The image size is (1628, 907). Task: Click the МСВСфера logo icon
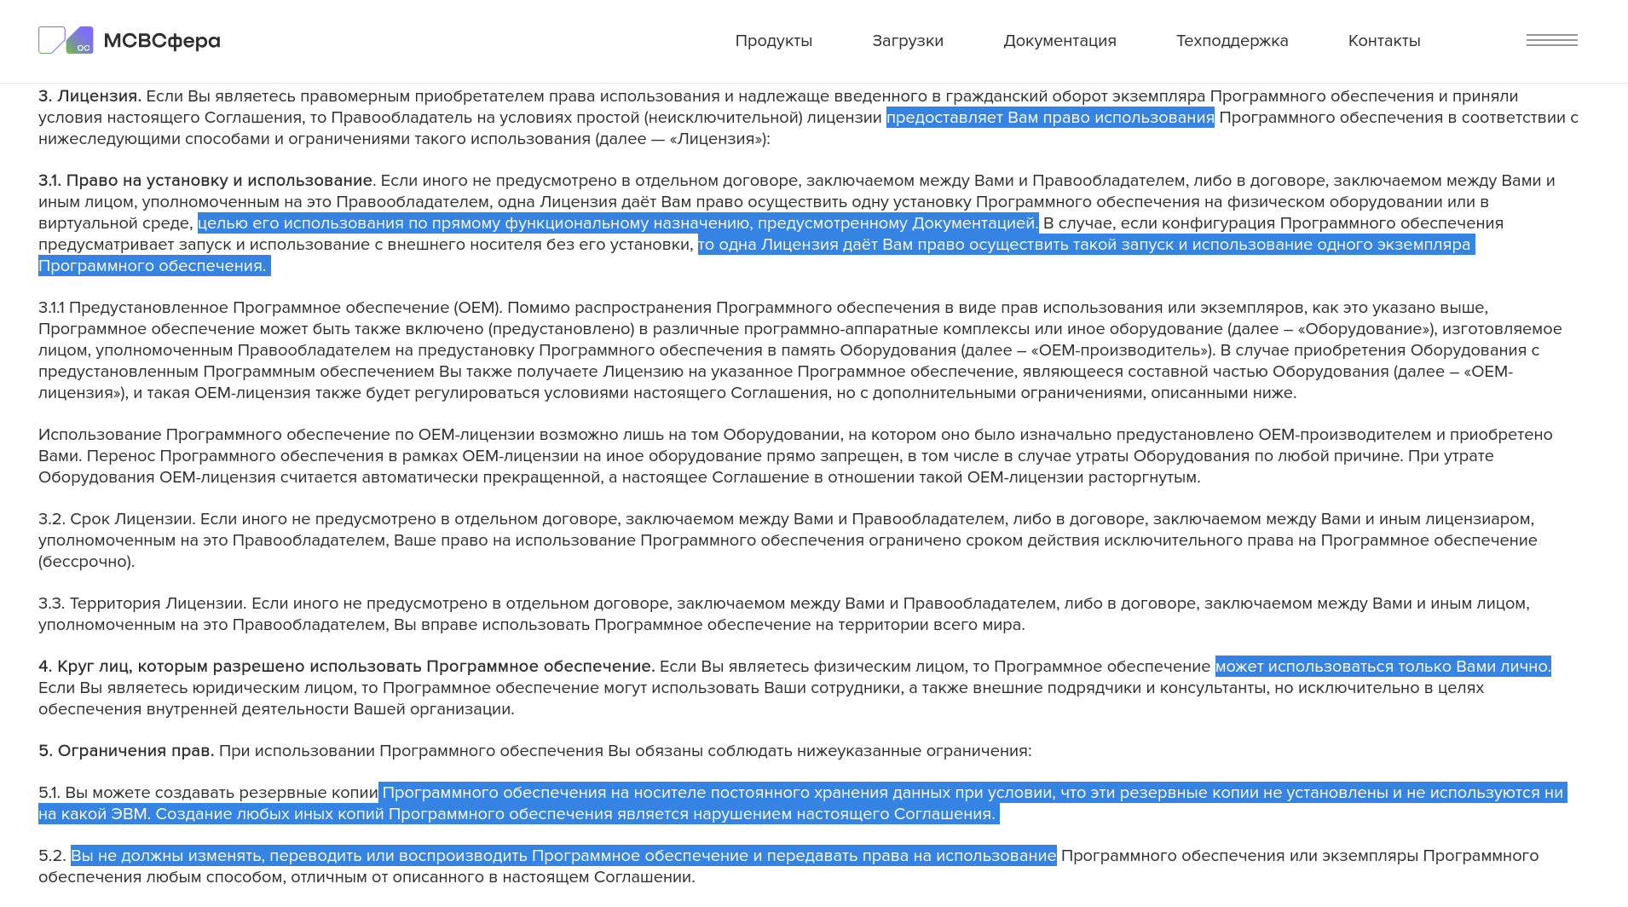click(x=66, y=40)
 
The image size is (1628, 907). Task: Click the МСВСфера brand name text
click(x=162, y=41)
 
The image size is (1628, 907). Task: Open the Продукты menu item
click(x=773, y=41)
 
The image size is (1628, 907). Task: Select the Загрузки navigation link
click(x=907, y=41)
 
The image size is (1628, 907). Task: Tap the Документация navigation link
click(x=1059, y=41)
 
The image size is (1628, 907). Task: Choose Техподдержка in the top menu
click(x=1232, y=41)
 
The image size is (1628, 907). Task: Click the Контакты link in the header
click(x=1383, y=41)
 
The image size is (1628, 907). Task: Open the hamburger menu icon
click(x=1551, y=40)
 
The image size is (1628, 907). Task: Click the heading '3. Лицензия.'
click(x=89, y=96)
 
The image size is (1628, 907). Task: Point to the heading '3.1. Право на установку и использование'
click(x=205, y=181)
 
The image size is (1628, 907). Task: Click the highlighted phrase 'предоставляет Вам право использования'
click(x=1050, y=118)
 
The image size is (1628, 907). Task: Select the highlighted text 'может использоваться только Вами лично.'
click(x=1383, y=667)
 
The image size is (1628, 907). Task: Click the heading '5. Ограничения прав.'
click(x=126, y=751)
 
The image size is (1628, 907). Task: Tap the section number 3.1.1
click(x=51, y=308)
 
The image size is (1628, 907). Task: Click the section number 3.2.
click(x=51, y=519)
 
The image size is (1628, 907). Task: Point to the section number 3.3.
click(x=51, y=604)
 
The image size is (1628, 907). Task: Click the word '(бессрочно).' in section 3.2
click(x=86, y=562)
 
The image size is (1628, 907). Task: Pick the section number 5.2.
click(x=51, y=856)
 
